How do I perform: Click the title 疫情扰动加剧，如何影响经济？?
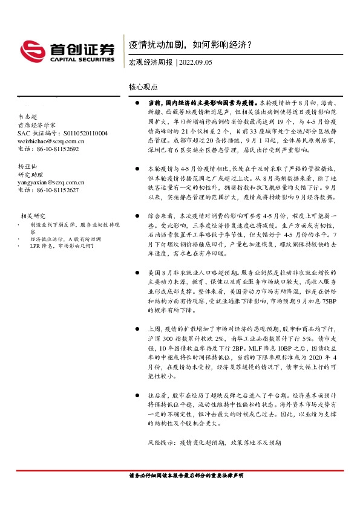point(190,45)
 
